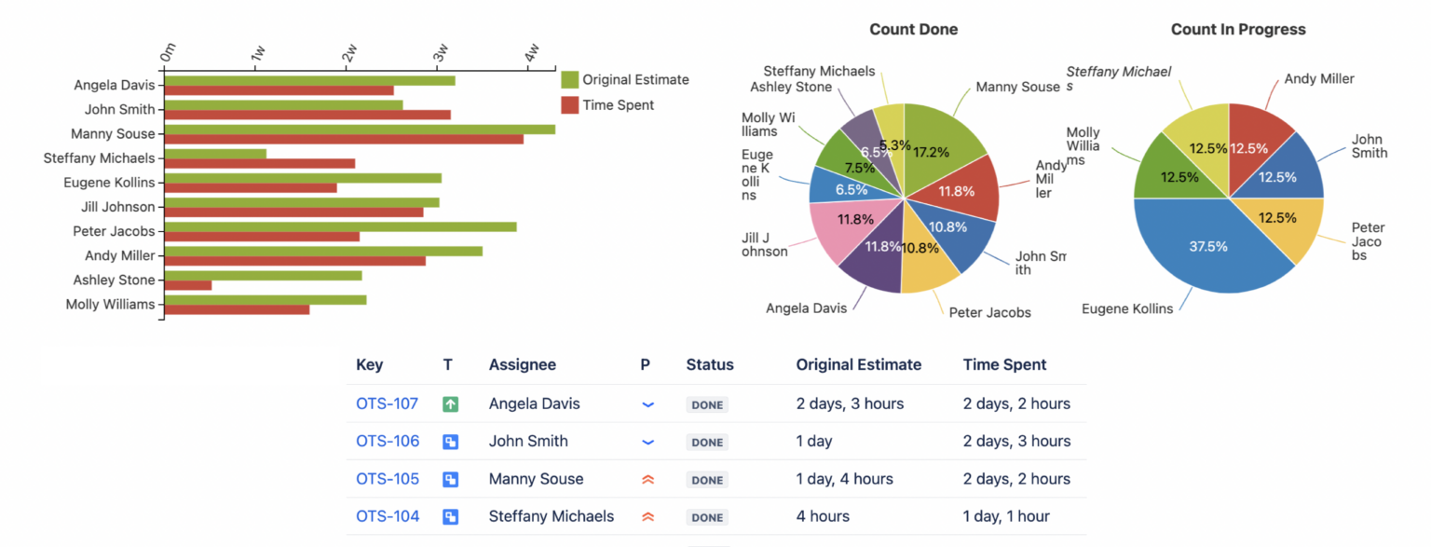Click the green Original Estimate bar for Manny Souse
coord(359,129)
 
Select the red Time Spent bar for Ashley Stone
coord(188,285)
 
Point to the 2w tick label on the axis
coord(349,53)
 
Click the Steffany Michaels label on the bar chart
coord(100,158)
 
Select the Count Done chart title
coord(913,30)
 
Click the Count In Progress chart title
coord(1237,30)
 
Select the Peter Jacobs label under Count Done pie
coord(989,313)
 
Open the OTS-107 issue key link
coord(387,404)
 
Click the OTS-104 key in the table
coord(388,516)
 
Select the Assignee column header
coord(522,365)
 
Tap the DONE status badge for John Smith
coord(707,443)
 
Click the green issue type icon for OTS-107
coord(451,404)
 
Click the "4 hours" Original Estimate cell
coord(822,516)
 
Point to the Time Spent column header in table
coord(1004,365)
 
